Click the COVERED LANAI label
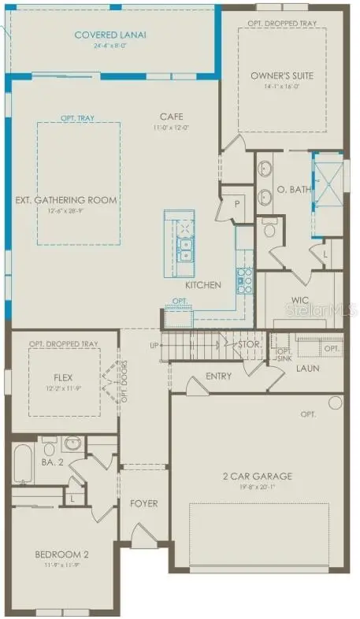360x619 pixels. pos(112,35)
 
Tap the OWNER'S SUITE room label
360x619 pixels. pos(282,76)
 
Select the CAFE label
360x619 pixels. pos(171,116)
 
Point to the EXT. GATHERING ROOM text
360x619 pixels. pos(66,200)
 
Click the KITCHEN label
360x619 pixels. pos(203,284)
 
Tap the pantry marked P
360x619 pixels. pos(236,203)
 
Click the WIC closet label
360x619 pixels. pos(298,300)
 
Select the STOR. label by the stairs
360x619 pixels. pos(250,344)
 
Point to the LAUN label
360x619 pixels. pos(307,368)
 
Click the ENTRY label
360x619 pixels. pos(218,376)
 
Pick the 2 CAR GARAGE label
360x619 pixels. pos(255,476)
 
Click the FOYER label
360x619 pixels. pos(143,503)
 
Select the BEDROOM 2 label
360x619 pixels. pos(61,555)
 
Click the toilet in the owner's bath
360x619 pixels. pos(269,229)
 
